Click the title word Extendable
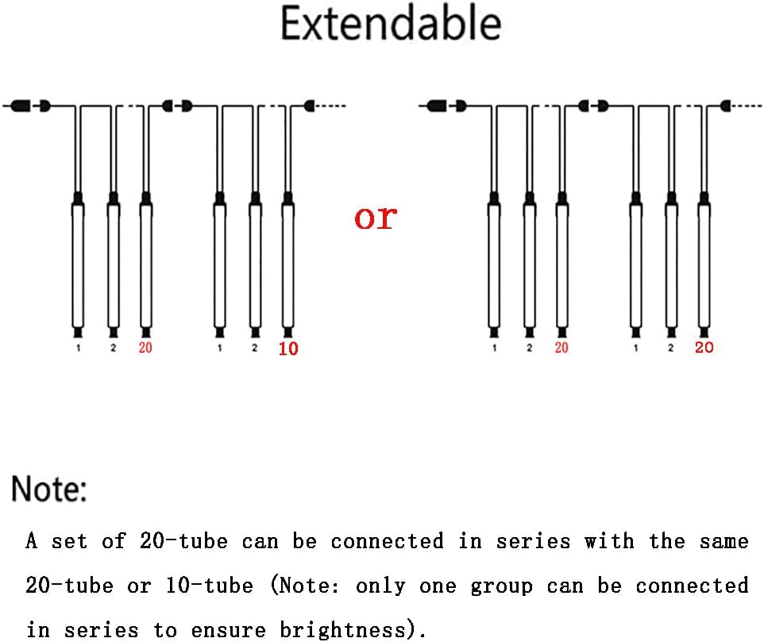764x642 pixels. (x=391, y=25)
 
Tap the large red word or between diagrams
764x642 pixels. (x=375, y=216)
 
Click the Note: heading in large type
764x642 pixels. (x=48, y=489)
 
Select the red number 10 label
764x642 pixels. (x=288, y=348)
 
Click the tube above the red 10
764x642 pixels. (x=287, y=262)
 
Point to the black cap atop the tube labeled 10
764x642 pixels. (x=287, y=197)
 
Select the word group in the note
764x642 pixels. (x=501, y=586)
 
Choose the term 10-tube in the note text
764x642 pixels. (x=210, y=586)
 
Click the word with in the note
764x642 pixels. (x=609, y=542)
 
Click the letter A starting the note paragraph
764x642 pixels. (x=32, y=542)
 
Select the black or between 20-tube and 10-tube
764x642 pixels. (x=138, y=586)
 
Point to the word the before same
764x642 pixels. (x=666, y=542)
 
